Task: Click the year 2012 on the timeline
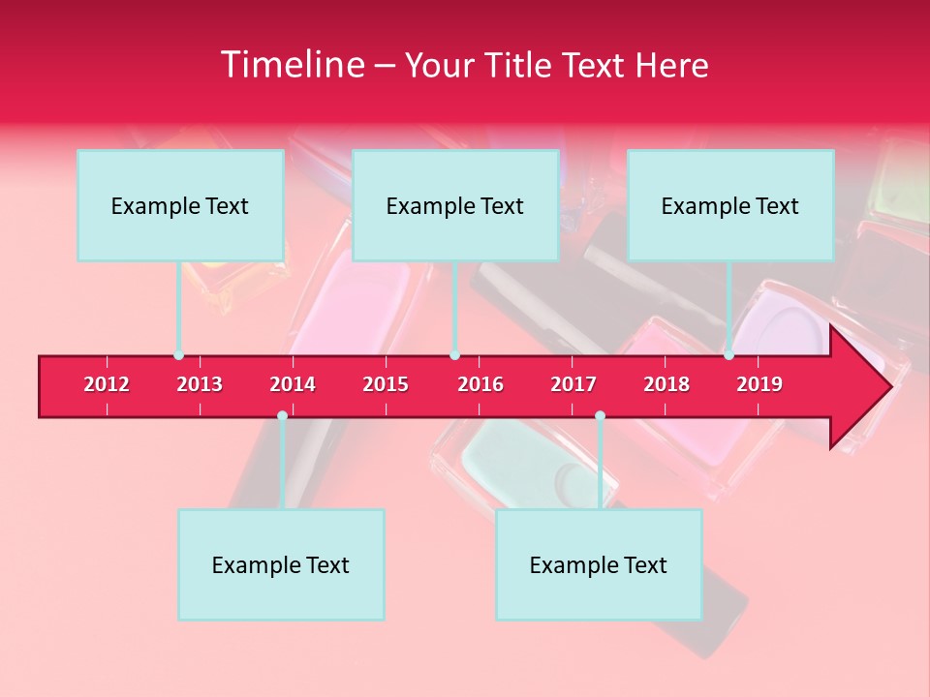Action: tap(107, 384)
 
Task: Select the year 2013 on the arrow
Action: tap(200, 384)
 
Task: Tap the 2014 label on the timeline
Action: tap(293, 384)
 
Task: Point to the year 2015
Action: tap(386, 384)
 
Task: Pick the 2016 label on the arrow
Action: tap(480, 384)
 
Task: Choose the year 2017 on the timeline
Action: tap(573, 384)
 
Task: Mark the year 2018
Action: tap(666, 384)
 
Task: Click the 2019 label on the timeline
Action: tap(759, 384)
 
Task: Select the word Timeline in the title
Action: tap(291, 65)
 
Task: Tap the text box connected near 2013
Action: tap(180, 205)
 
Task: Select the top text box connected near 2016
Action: tap(455, 205)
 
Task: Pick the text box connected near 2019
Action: tap(730, 205)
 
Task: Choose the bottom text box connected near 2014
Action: tap(281, 564)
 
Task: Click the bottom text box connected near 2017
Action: tap(599, 564)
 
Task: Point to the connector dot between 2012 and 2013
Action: tap(178, 355)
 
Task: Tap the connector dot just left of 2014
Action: tap(282, 416)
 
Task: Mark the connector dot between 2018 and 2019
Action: tap(728, 355)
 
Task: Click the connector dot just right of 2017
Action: tap(600, 416)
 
